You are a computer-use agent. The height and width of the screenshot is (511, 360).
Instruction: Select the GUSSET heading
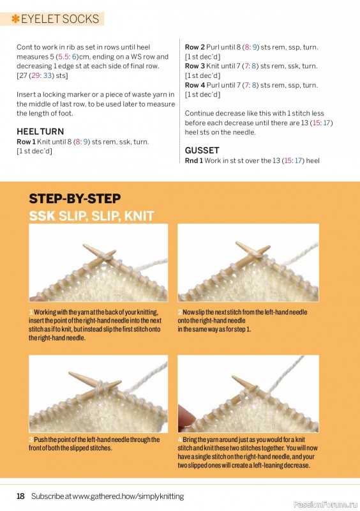pos(202,151)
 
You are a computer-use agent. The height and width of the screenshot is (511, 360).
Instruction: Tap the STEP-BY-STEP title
pos(75,198)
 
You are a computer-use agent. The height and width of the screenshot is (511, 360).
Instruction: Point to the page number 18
pos(20,496)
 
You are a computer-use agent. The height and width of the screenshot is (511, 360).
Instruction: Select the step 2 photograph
pos(248,263)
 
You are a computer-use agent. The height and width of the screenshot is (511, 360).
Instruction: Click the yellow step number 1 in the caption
pos(30,312)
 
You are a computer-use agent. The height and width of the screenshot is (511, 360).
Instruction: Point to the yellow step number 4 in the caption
pos(179,440)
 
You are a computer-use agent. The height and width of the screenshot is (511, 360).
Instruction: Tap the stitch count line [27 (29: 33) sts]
pos(42,75)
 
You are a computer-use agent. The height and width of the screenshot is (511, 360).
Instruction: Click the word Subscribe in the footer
pos(47,496)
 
